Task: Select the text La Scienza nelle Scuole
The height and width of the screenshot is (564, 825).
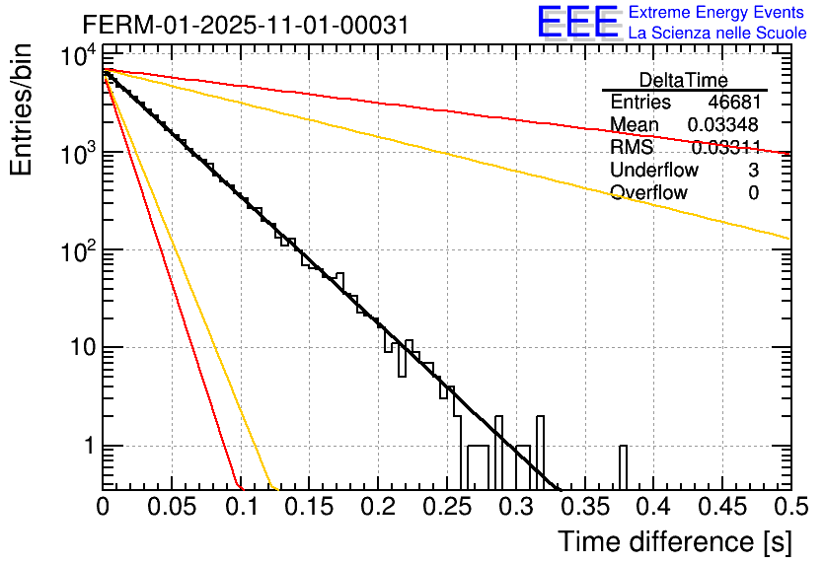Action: [717, 33]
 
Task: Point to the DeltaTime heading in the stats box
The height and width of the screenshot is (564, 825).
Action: [684, 80]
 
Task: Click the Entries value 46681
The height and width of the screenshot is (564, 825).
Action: [733, 103]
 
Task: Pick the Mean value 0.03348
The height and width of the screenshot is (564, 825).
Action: [723, 125]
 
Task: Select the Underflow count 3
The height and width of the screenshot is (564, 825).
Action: [753, 171]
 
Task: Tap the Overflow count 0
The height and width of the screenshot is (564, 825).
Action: [753, 193]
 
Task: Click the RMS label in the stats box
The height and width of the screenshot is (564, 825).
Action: [632, 148]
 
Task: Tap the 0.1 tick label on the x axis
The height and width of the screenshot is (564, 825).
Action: [241, 508]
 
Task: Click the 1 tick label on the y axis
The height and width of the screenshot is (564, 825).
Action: [87, 446]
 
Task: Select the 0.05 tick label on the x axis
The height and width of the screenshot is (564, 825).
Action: [172, 508]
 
